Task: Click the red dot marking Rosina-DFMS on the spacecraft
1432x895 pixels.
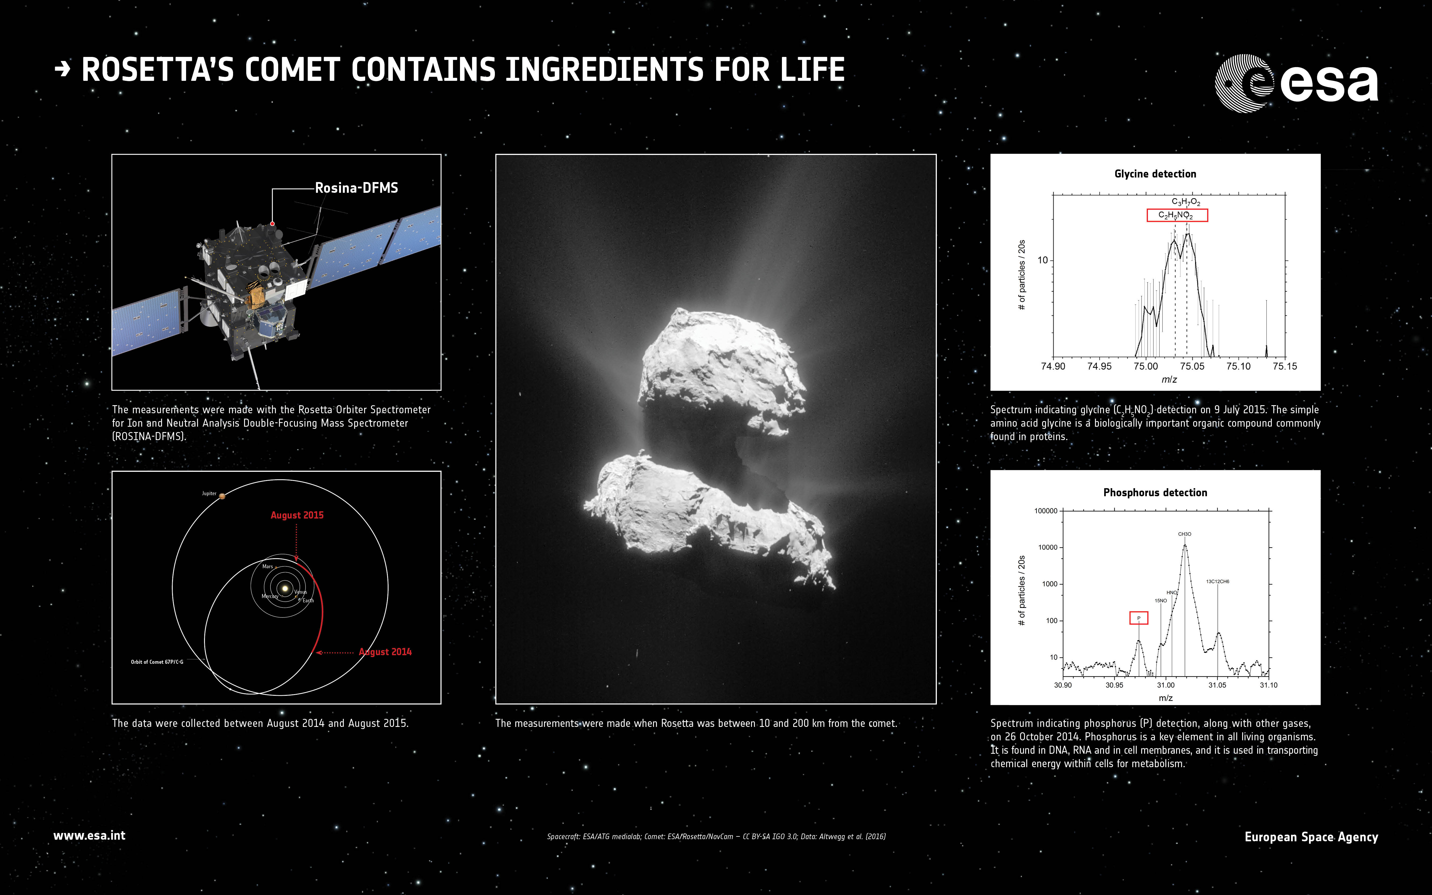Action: click(x=272, y=224)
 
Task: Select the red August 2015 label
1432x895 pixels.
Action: click(x=297, y=515)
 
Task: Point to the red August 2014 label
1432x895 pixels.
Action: click(x=385, y=652)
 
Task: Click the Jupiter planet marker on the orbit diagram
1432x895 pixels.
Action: click(x=222, y=496)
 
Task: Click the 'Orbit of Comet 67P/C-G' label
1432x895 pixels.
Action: click(x=157, y=662)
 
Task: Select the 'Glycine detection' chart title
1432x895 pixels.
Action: click(x=1155, y=173)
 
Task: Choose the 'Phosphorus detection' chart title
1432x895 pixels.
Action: click(x=1155, y=492)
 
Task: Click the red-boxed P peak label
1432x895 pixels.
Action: click(x=1139, y=618)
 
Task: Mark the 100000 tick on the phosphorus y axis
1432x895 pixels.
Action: click(x=1046, y=511)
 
